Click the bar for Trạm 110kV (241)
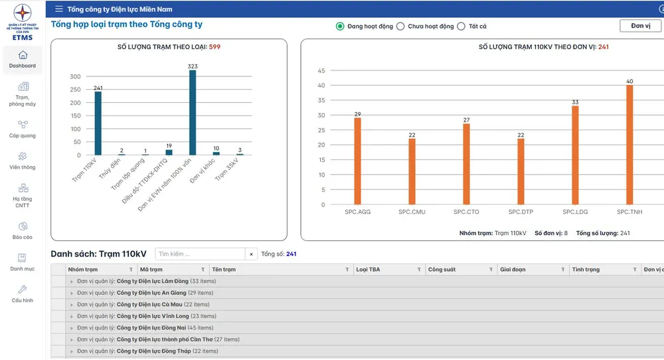click(98, 123)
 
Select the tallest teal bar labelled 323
click(193, 113)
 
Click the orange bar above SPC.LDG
click(575, 155)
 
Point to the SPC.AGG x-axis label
click(357, 212)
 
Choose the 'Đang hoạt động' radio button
click(341, 27)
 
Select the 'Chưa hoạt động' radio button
click(400, 27)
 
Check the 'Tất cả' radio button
click(461, 27)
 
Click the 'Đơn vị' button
click(640, 26)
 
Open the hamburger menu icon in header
click(59, 9)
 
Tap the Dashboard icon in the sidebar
click(23, 55)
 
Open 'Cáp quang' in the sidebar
click(23, 124)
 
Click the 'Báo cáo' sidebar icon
click(23, 226)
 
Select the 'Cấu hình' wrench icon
click(23, 290)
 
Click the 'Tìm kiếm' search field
click(200, 254)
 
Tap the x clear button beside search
click(251, 254)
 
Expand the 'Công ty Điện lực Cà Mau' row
click(72, 304)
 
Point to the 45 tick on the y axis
click(321, 70)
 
